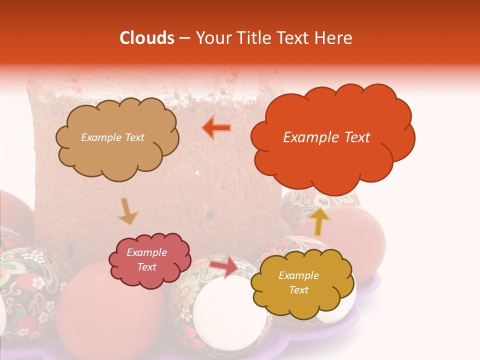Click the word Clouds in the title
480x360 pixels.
147,37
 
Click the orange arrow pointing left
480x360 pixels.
216,127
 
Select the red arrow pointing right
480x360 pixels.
224,266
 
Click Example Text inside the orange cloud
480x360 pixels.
326,137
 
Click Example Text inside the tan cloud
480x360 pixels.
112,137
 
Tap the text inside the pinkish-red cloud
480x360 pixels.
146,260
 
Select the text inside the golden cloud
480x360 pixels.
298,282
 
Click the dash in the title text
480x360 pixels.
184,38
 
